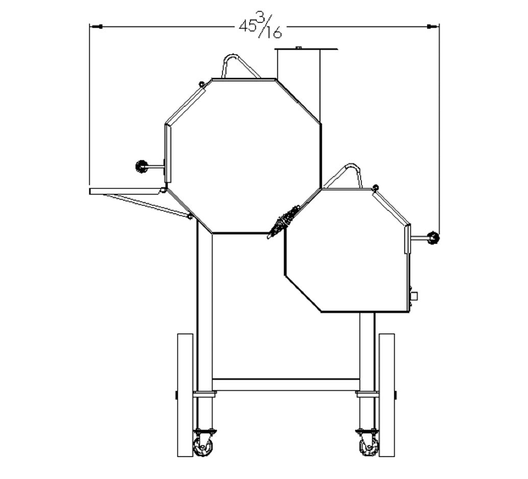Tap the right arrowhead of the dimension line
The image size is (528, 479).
pos(433,26)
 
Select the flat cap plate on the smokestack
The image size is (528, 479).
pos(306,50)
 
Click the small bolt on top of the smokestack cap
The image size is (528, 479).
pos(298,47)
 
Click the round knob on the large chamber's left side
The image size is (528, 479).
pos(141,166)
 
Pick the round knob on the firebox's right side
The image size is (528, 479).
pos(434,238)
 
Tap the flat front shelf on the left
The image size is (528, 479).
pos(125,191)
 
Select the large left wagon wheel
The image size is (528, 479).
pos(185,395)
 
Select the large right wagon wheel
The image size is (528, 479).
pos(387,395)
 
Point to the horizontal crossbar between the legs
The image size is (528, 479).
pos(285,385)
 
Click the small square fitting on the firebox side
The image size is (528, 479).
pos(414,296)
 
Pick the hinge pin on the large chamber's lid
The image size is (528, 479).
pos(202,84)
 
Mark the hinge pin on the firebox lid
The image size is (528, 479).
pos(376,187)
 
